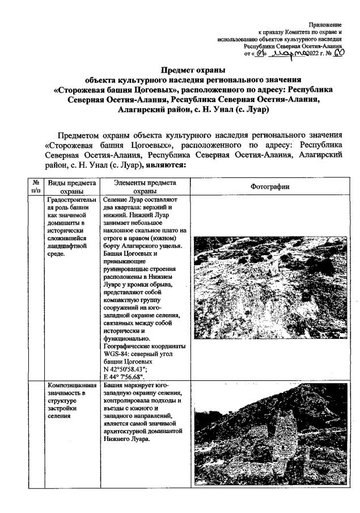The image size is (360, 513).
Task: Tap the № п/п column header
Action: pos(36,187)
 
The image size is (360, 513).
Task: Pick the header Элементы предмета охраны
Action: pos(144,187)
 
